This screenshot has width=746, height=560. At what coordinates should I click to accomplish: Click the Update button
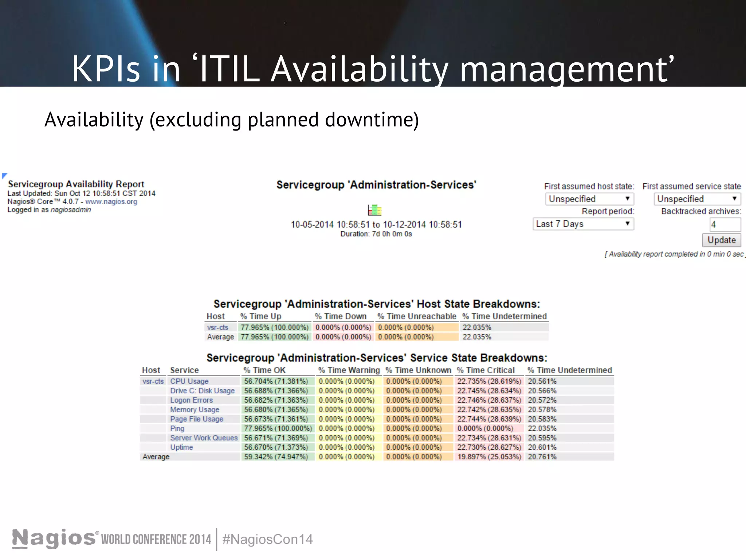(721, 240)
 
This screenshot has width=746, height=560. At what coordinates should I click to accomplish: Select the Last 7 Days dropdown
(583, 224)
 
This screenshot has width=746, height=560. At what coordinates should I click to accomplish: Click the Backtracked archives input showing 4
(725, 225)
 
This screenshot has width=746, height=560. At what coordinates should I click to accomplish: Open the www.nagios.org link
(111, 202)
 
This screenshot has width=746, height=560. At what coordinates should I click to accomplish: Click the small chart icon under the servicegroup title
(374, 210)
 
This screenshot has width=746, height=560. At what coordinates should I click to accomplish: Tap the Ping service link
(177, 428)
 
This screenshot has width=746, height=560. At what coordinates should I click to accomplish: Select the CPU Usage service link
(189, 381)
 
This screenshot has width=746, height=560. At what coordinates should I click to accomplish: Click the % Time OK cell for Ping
(278, 428)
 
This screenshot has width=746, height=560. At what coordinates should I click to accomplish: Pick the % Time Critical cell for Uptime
(489, 447)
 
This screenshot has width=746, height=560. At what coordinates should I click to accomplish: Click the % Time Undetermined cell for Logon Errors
(542, 400)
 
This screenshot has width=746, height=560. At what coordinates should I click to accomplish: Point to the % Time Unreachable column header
(417, 316)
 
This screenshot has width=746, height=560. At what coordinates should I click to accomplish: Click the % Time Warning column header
(349, 370)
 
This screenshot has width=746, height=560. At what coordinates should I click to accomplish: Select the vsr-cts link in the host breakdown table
(217, 327)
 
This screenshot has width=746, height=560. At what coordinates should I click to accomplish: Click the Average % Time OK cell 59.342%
(276, 457)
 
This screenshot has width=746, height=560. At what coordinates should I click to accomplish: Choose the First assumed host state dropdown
(589, 199)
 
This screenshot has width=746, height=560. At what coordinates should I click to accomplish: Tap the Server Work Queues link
(204, 438)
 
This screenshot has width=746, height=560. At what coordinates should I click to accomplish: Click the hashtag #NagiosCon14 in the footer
(267, 539)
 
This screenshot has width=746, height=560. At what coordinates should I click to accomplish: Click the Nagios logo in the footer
(54, 538)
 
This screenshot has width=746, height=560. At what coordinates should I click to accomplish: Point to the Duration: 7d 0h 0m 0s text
(376, 234)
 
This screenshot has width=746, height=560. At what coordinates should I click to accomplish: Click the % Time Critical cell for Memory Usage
(489, 410)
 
